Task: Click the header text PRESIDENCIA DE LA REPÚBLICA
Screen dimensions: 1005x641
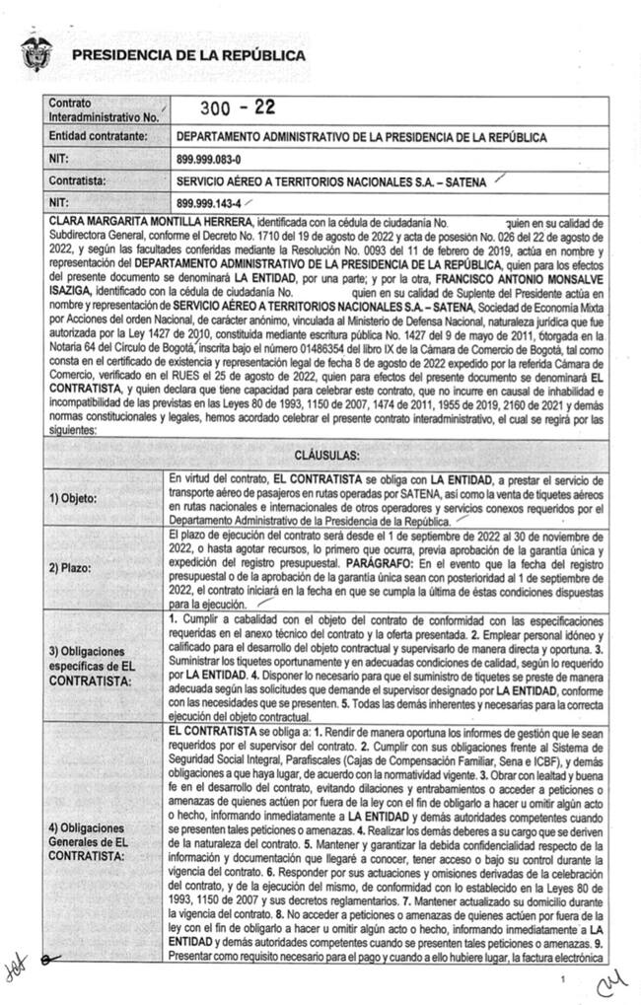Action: (x=188, y=56)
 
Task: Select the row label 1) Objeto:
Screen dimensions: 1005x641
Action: (x=73, y=498)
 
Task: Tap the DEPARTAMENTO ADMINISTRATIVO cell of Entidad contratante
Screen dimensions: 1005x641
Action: (x=360, y=137)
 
